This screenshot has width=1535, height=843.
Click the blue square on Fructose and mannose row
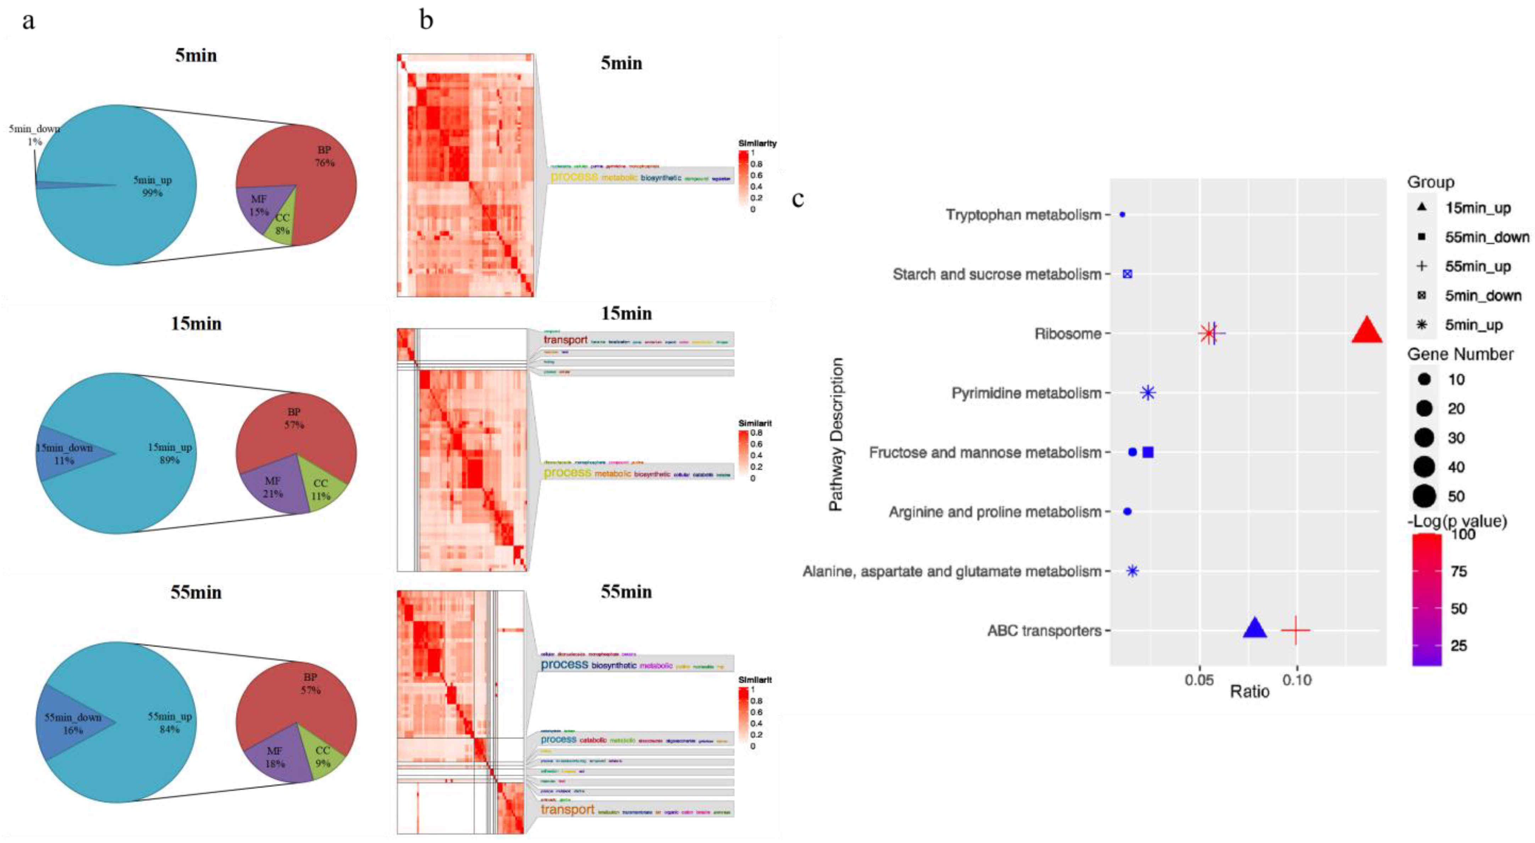[x=1148, y=452]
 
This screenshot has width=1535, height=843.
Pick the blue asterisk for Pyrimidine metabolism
[x=1148, y=393]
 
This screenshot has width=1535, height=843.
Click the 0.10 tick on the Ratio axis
[x=1297, y=680]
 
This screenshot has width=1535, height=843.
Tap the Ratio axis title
[x=1249, y=692]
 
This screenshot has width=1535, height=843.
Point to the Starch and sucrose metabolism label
[x=996, y=274]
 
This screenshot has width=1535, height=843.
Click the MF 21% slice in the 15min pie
[x=273, y=487]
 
